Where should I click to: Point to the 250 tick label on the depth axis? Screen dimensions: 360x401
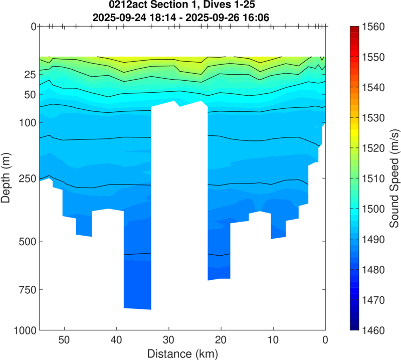22,178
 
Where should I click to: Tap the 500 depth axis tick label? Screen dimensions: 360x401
22,241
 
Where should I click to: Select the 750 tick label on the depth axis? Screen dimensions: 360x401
22,289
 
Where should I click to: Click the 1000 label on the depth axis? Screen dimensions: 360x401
20,330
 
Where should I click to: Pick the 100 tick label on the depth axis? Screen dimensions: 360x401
22,122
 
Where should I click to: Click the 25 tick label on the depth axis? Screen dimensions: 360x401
25,74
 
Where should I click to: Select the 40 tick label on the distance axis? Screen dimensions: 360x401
116,340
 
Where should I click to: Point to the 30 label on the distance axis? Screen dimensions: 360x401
168,340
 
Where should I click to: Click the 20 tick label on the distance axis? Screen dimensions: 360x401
221,340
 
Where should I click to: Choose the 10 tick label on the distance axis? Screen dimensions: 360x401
273,340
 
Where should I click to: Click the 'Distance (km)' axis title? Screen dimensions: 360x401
182,353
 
